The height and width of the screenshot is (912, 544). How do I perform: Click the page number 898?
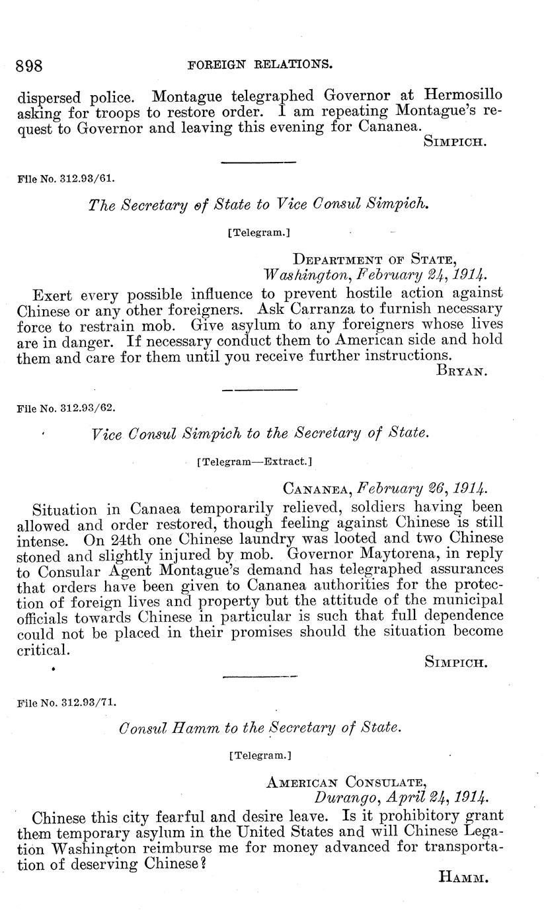pyautogui.click(x=29, y=65)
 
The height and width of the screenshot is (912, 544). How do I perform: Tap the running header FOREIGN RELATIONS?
pyautogui.click(x=259, y=65)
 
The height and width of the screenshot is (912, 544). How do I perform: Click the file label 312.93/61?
pyautogui.click(x=64, y=177)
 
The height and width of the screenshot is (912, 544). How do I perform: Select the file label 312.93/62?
pyautogui.click(x=64, y=408)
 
